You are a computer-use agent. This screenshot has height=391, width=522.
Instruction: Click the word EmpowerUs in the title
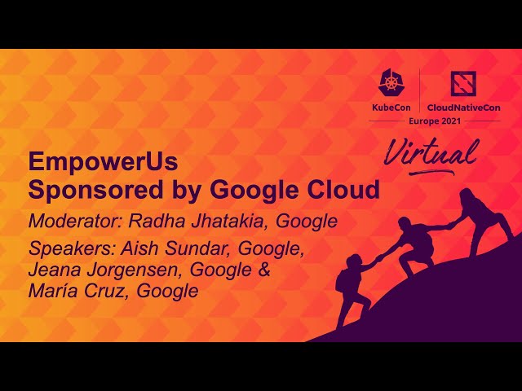click(103, 160)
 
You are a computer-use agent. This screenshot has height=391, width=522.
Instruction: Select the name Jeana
click(56, 270)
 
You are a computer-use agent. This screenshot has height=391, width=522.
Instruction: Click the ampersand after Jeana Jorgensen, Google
click(263, 270)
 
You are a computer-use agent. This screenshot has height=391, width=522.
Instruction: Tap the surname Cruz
click(107, 291)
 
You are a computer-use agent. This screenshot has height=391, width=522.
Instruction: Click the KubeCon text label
click(392, 107)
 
